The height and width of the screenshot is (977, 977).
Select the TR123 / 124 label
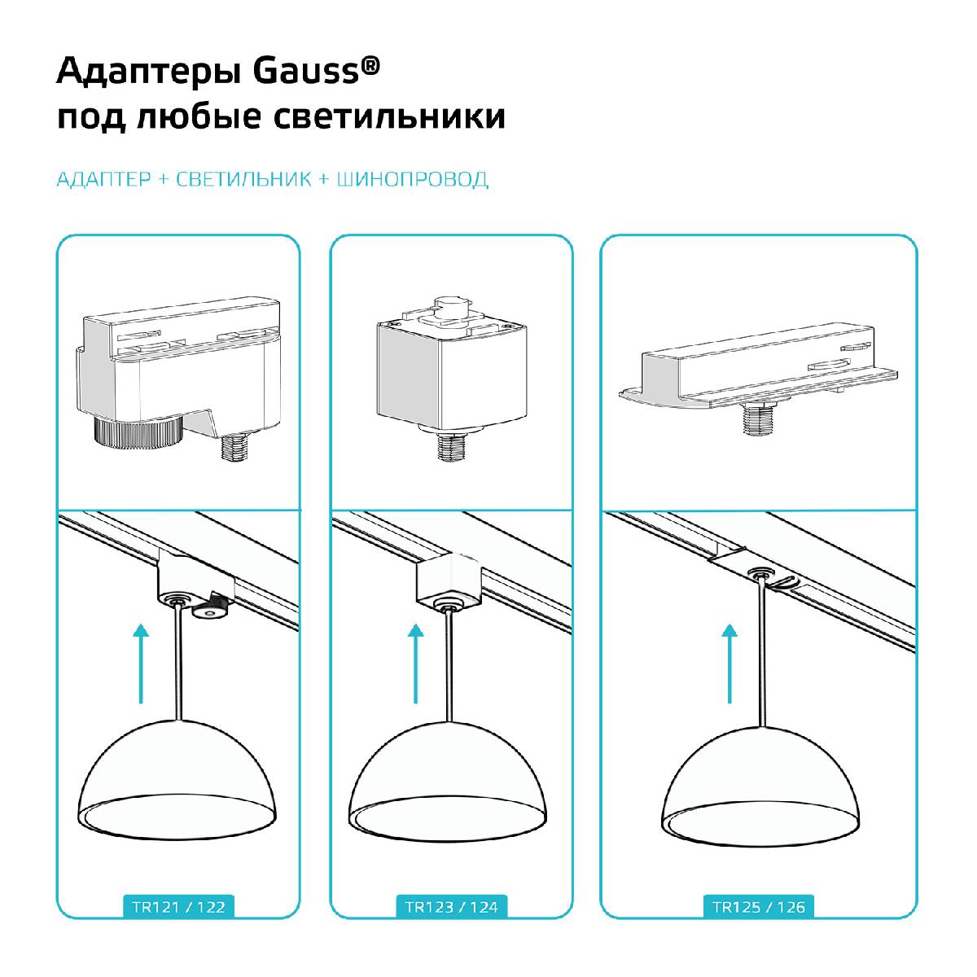[451, 906]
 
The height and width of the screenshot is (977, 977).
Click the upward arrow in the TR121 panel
[142, 664]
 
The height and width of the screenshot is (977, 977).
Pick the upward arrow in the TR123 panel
[417, 664]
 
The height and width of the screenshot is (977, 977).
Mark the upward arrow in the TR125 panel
[729, 664]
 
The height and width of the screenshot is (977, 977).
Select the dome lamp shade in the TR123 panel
[449, 773]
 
